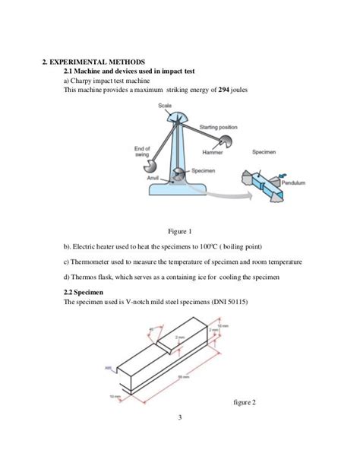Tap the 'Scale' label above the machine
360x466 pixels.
tap(165, 106)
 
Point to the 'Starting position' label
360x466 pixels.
tap(218, 126)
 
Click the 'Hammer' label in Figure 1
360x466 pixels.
tap(212, 152)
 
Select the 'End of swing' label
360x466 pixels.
tap(142, 151)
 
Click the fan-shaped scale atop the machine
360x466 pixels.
tap(176, 118)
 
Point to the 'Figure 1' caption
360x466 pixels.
tap(180, 231)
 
